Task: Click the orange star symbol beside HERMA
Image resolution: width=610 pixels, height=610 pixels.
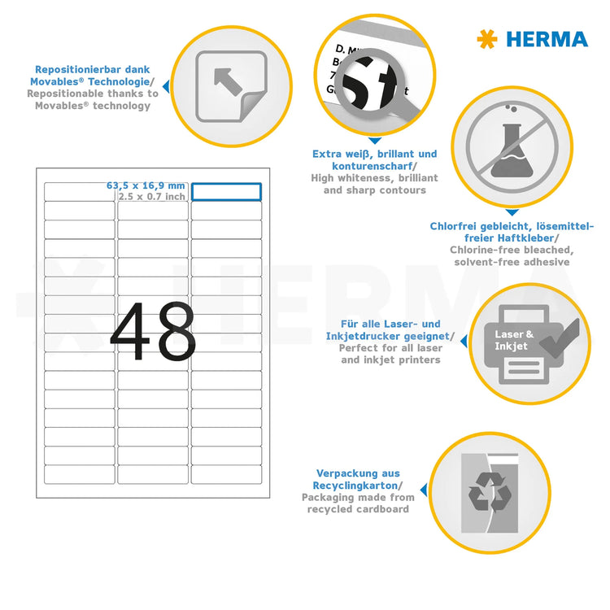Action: click(x=487, y=39)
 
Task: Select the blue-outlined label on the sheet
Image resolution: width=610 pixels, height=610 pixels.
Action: click(x=226, y=191)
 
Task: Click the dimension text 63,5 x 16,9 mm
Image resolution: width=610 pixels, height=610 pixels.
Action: click(x=146, y=185)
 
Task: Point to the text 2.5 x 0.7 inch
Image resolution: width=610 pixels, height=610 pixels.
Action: click(x=152, y=196)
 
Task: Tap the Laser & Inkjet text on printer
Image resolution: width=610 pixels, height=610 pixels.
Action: click(x=514, y=340)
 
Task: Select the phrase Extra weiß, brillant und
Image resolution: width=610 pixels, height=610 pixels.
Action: click(x=374, y=154)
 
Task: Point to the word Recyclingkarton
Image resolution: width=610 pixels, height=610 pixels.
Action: click(x=355, y=485)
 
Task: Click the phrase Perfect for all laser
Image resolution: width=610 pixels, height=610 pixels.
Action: click(x=390, y=348)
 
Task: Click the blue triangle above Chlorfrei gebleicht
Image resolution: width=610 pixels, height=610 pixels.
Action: click(x=511, y=213)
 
